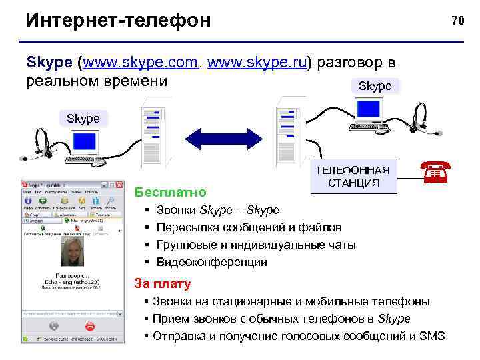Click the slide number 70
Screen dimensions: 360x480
[457, 21]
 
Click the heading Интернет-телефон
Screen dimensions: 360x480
[118, 21]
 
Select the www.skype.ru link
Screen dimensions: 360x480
[259, 63]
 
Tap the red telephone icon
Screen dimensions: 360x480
[434, 173]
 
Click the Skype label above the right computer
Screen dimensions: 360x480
[375, 86]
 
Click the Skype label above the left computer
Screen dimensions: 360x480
[83, 118]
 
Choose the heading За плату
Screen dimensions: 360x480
[163, 284]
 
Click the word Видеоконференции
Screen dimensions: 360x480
[211, 262]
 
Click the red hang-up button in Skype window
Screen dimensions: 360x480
[89, 326]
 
